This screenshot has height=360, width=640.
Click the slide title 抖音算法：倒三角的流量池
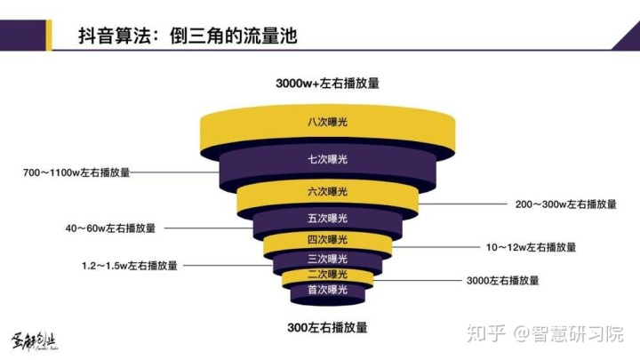[188, 36]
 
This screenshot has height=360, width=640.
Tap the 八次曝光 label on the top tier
[327, 122]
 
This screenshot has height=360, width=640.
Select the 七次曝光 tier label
[327, 159]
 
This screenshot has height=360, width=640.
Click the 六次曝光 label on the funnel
[327, 191]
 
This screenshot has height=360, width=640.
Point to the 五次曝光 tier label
[327, 219]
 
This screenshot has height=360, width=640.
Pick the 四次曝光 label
[327, 239]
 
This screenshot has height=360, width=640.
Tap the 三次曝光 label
[327, 259]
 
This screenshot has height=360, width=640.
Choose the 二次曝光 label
[327, 275]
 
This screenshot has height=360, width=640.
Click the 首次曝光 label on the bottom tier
[327, 290]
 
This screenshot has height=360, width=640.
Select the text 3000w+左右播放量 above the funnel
[327, 84]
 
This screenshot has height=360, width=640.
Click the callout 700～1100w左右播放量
[76, 172]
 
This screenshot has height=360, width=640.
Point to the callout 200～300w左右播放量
[565, 204]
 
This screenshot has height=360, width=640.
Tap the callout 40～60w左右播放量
[110, 228]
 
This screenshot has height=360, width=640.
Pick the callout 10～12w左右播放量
[531, 247]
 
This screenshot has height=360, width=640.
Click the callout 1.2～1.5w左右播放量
[130, 266]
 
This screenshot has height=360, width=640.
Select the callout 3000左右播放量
[503, 280]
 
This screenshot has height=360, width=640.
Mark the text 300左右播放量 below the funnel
[327, 327]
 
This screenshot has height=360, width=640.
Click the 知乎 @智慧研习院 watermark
[545, 333]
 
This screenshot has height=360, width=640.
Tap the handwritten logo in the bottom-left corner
[34, 340]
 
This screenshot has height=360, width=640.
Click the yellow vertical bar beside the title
[49, 36]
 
